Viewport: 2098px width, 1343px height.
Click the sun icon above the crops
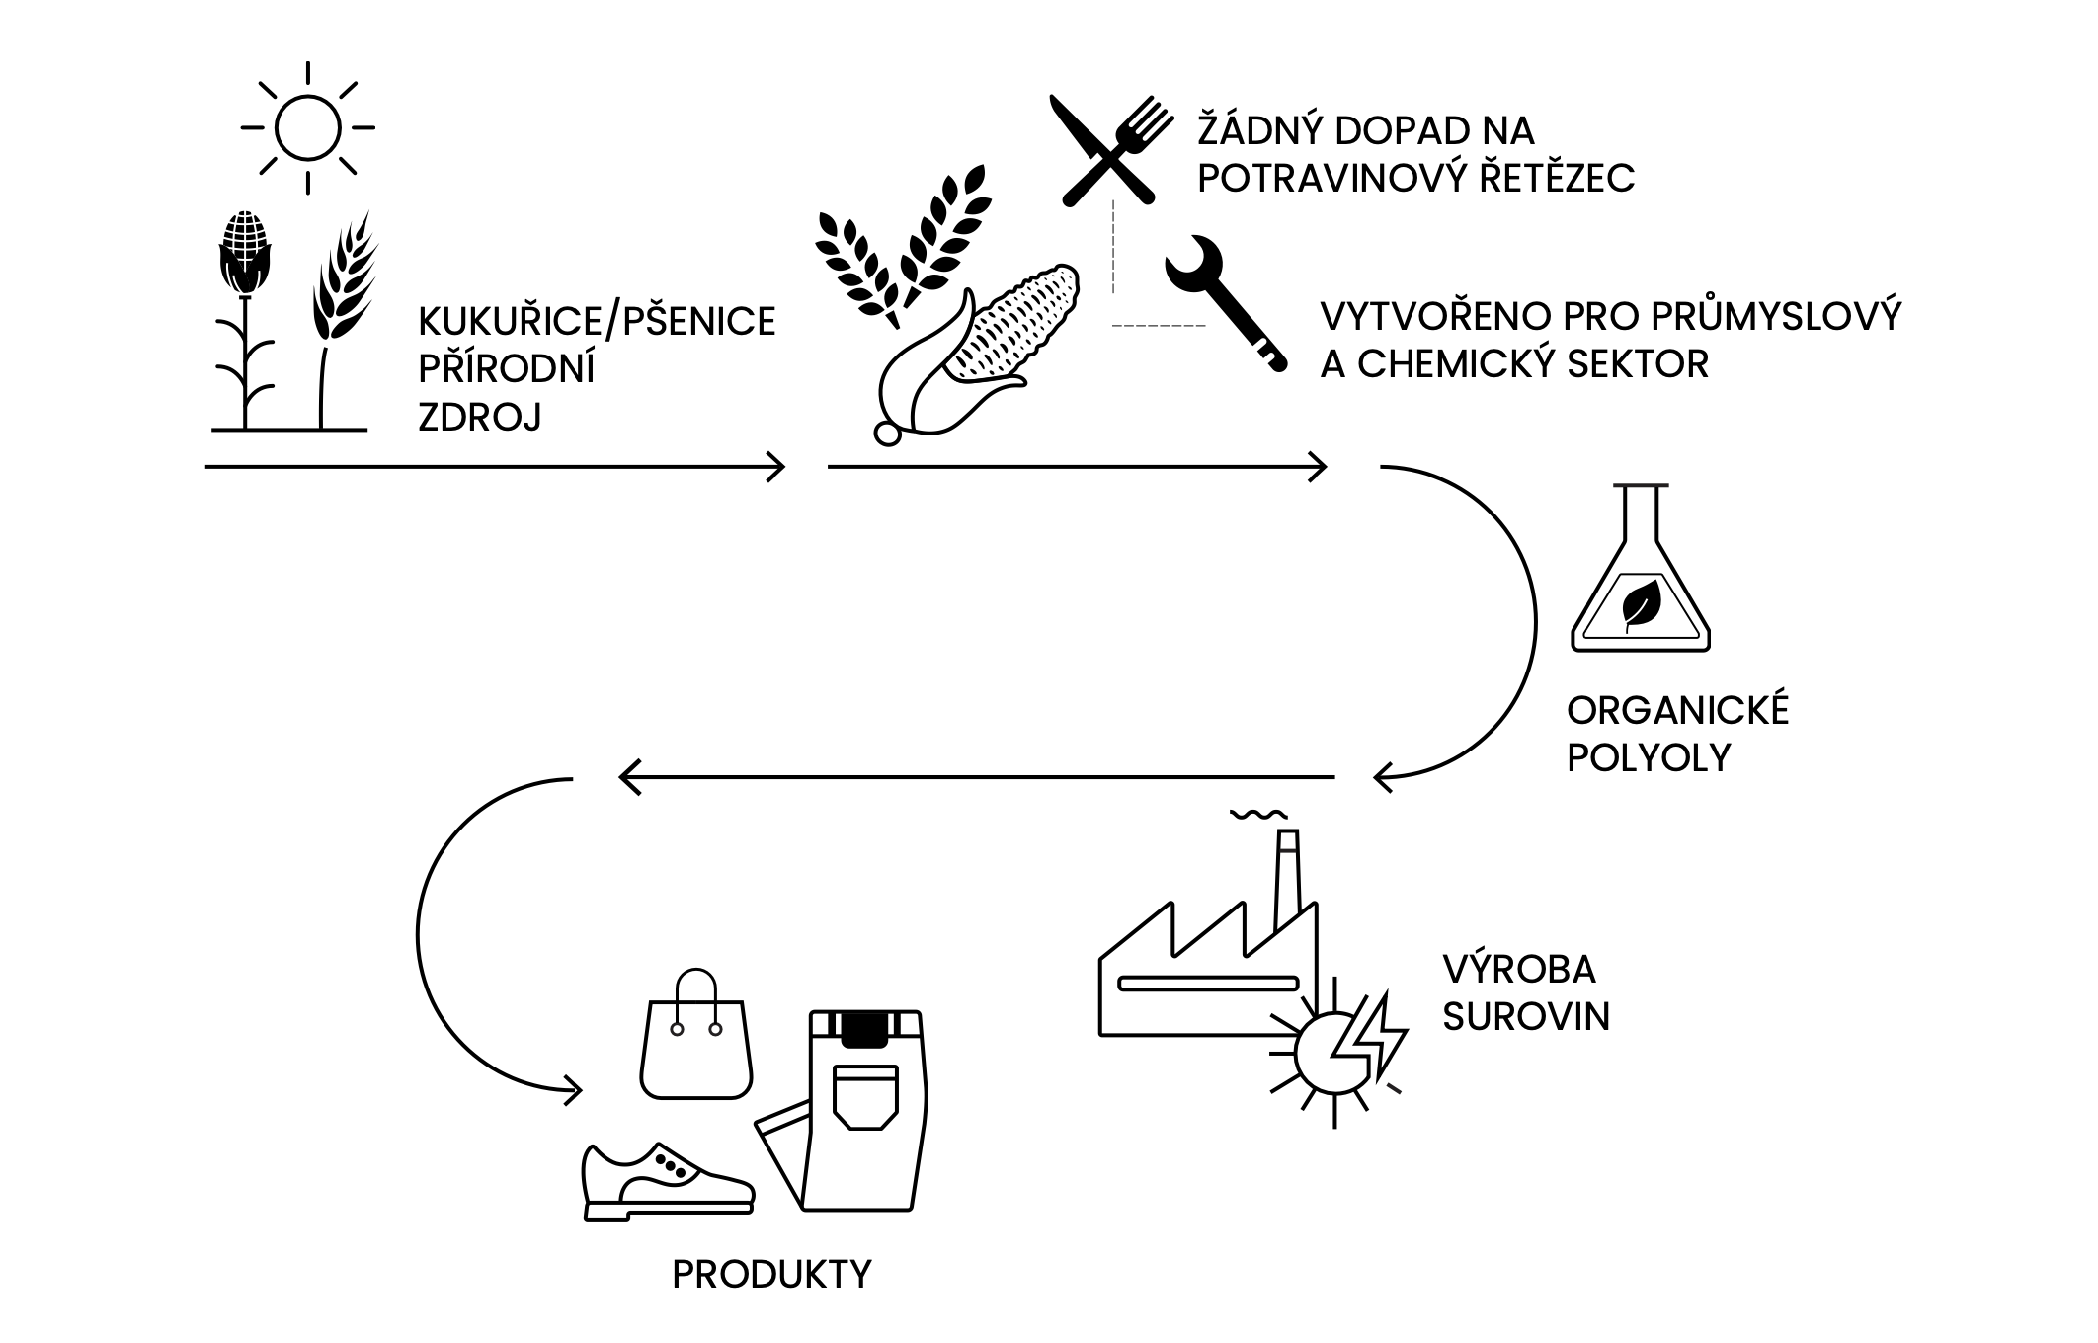(x=308, y=127)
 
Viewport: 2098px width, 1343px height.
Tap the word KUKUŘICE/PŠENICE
(x=597, y=322)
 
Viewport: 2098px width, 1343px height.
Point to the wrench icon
(x=1225, y=302)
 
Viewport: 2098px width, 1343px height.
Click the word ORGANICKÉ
(x=1678, y=711)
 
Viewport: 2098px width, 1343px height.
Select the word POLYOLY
(x=1650, y=757)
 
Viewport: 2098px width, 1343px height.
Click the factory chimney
(x=1286, y=879)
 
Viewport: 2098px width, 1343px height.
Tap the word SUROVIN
(x=1526, y=1016)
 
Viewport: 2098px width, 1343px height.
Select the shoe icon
(x=668, y=1181)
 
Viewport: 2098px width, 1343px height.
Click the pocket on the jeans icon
(x=866, y=1096)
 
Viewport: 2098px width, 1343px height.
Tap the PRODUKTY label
(x=772, y=1275)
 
